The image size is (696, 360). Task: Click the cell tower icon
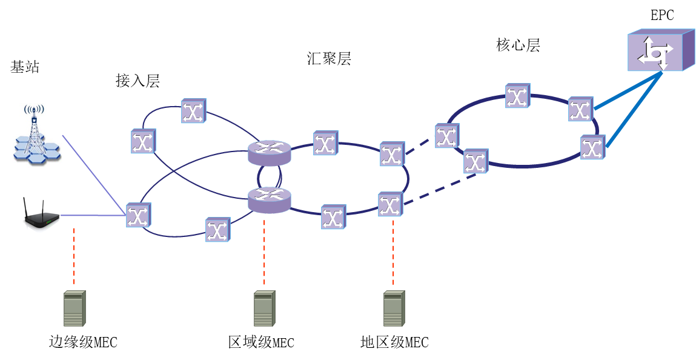[38, 135]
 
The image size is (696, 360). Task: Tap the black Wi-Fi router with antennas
[41, 215]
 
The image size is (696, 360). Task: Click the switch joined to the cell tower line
[138, 215]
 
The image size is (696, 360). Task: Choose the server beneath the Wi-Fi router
[75, 308]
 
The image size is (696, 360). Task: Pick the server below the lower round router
[264, 308]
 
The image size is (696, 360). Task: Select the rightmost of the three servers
[394, 308]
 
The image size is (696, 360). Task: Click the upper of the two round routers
[270, 153]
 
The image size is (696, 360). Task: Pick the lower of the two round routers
[270, 200]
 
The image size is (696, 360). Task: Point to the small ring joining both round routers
[259, 176]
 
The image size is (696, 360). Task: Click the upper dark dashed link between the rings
[419, 145]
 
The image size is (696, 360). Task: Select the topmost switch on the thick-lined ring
[517, 96]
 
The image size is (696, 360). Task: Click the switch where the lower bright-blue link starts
[592, 147]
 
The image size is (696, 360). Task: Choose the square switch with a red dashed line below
[390, 204]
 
